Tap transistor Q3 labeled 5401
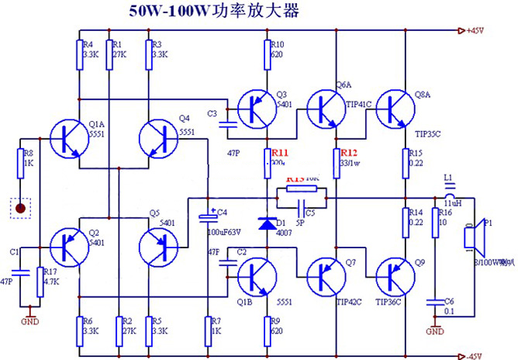(256, 109)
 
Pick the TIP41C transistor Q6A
(326, 109)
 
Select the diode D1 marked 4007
(267, 224)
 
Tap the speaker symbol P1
(473, 241)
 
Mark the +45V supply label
(473, 31)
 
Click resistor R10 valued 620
(267, 54)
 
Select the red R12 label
(349, 152)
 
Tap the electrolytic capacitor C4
(208, 220)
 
